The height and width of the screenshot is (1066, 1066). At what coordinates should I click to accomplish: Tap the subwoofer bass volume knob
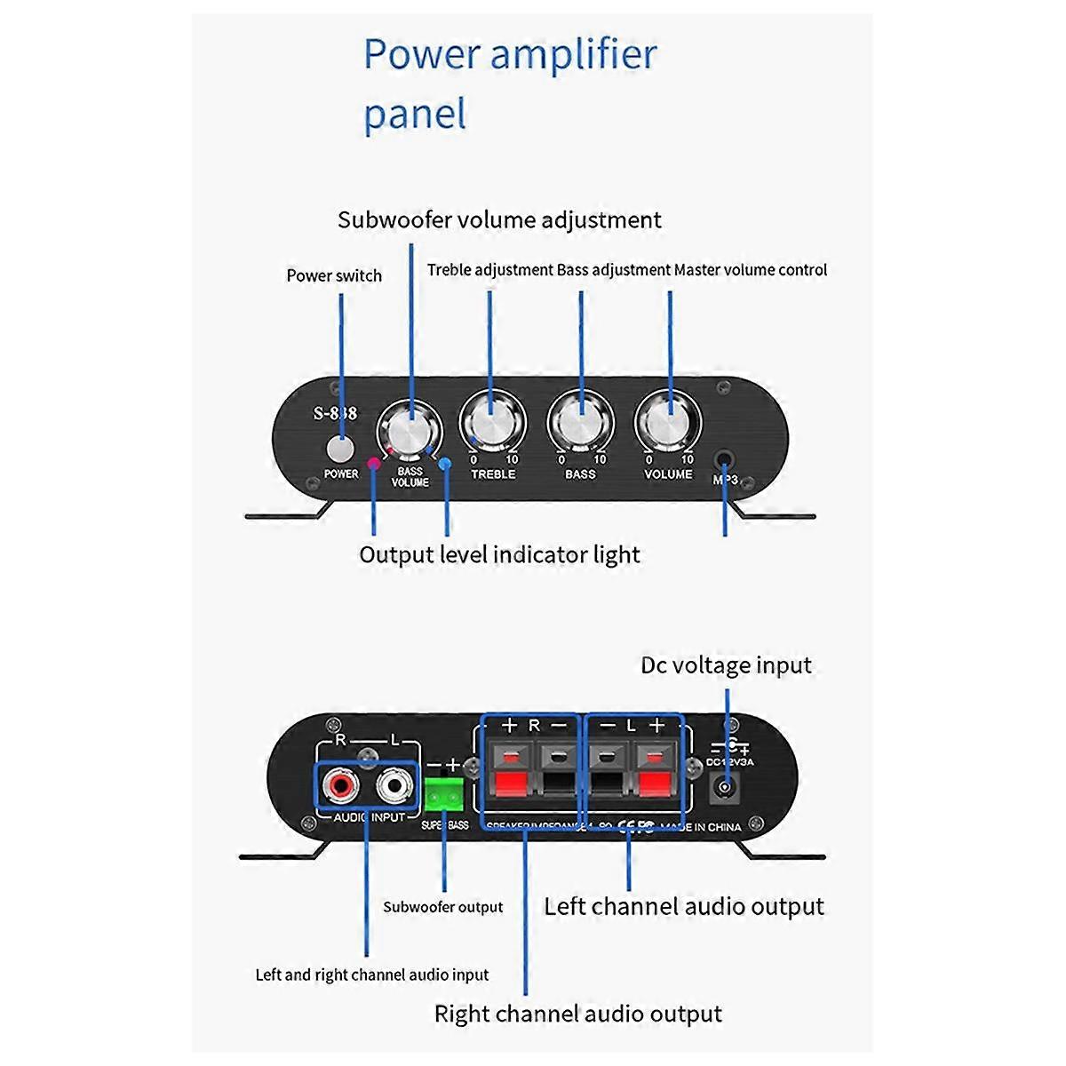coord(410,432)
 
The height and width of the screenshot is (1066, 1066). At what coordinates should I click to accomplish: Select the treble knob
coord(492,425)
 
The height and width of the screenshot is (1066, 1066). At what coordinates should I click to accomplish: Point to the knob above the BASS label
coord(580,425)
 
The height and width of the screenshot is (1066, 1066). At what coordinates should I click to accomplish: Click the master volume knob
coord(668,425)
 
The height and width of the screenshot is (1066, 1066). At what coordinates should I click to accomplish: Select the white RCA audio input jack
coord(395,785)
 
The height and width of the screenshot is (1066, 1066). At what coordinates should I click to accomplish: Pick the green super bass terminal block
coord(444,796)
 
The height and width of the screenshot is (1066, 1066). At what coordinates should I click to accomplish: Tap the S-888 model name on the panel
coord(335,413)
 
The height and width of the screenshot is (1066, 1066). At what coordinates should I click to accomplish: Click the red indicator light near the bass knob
coord(373,463)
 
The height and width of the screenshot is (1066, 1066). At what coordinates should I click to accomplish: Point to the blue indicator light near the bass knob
coord(445,463)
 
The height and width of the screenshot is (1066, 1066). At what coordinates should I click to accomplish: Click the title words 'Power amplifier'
coord(510,55)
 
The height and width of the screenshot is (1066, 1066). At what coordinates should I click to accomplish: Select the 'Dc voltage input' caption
coord(726,665)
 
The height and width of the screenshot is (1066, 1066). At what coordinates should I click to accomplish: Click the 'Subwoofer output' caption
coord(442,907)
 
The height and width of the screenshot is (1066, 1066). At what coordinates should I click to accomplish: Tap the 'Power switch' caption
coord(334,275)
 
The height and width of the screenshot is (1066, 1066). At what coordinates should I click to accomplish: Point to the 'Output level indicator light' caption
coord(499,555)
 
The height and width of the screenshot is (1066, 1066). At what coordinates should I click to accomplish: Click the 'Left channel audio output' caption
coord(684,907)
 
